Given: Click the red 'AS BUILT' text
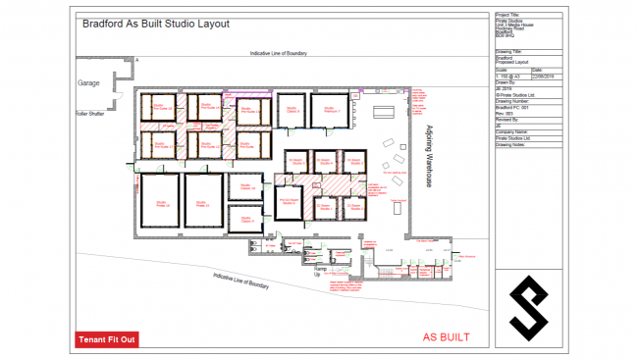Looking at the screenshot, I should click(x=446, y=337).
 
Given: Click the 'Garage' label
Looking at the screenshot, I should click(x=89, y=83).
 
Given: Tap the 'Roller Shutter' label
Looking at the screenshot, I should click(x=90, y=114).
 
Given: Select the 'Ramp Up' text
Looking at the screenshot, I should click(x=318, y=270).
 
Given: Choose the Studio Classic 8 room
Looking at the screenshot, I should click(x=293, y=110).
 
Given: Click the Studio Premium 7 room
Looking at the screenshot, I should click(x=332, y=110).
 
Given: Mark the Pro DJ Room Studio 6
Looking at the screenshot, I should click(x=290, y=203).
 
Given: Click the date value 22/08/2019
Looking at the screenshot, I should click(x=545, y=76).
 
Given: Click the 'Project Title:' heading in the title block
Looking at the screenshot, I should click(x=509, y=16).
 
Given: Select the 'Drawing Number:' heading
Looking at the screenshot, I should click(x=513, y=99).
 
